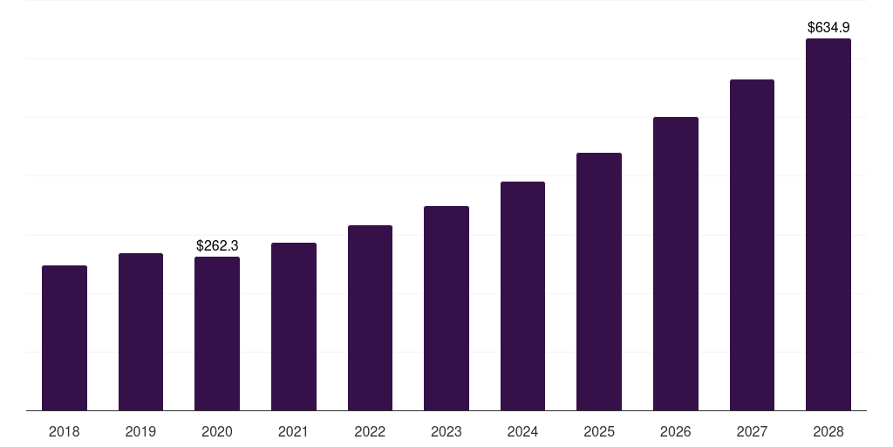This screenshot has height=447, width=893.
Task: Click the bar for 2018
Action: [65, 338]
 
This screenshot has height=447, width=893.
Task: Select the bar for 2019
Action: [140, 332]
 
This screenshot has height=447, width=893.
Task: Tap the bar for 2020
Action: [217, 334]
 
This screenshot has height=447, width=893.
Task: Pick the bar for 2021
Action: [294, 327]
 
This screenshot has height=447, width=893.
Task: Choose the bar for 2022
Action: [370, 318]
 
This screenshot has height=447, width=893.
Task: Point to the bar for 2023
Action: [446, 308]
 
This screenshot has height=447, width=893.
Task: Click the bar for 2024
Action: [522, 296]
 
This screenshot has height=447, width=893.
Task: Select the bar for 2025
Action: [599, 281]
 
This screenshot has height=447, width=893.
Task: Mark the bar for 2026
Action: [676, 264]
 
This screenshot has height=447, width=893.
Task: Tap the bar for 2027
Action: [752, 244]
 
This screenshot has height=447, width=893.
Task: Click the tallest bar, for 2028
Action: [828, 224]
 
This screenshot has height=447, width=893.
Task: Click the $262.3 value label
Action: [217, 246]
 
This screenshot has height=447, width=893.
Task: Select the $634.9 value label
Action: [828, 28]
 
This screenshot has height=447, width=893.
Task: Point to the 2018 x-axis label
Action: [65, 431]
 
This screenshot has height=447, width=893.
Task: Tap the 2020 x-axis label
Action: [217, 431]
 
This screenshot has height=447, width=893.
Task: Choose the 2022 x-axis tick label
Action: [370, 431]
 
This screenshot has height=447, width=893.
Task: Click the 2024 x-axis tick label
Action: [522, 431]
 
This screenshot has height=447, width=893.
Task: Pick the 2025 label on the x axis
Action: [599, 431]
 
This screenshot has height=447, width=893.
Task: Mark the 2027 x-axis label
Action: [752, 431]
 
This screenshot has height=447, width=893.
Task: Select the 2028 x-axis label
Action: [828, 431]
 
